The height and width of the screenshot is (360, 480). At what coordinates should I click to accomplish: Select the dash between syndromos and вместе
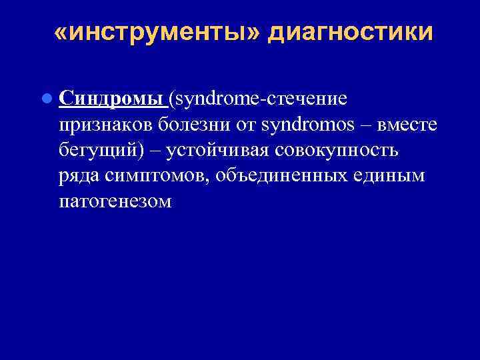pos(352,124)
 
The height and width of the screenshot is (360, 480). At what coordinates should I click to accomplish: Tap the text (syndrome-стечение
pos(258,99)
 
